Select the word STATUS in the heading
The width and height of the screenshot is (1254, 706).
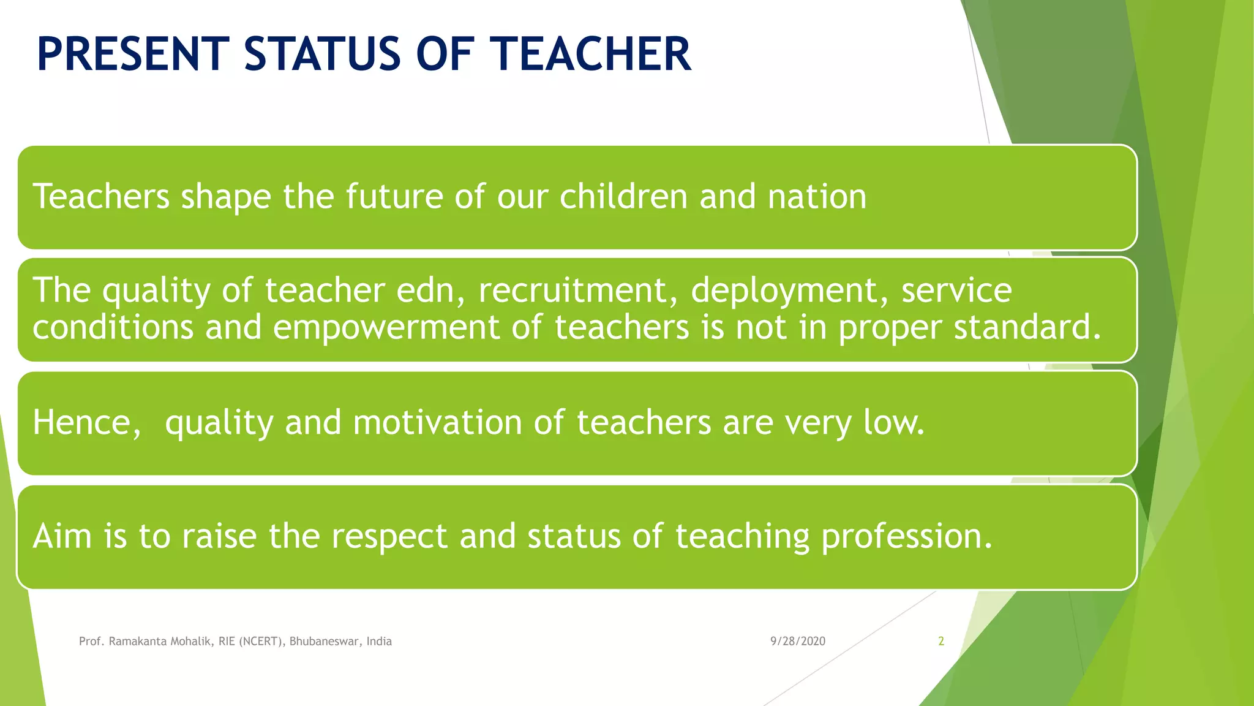pyautogui.click(x=323, y=54)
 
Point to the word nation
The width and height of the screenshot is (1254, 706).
pyautogui.click(x=817, y=197)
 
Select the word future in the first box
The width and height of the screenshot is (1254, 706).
pyautogui.click(x=394, y=197)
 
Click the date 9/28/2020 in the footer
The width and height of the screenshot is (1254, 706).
pyautogui.click(x=797, y=641)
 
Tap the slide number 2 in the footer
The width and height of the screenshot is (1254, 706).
pyautogui.click(x=941, y=641)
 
